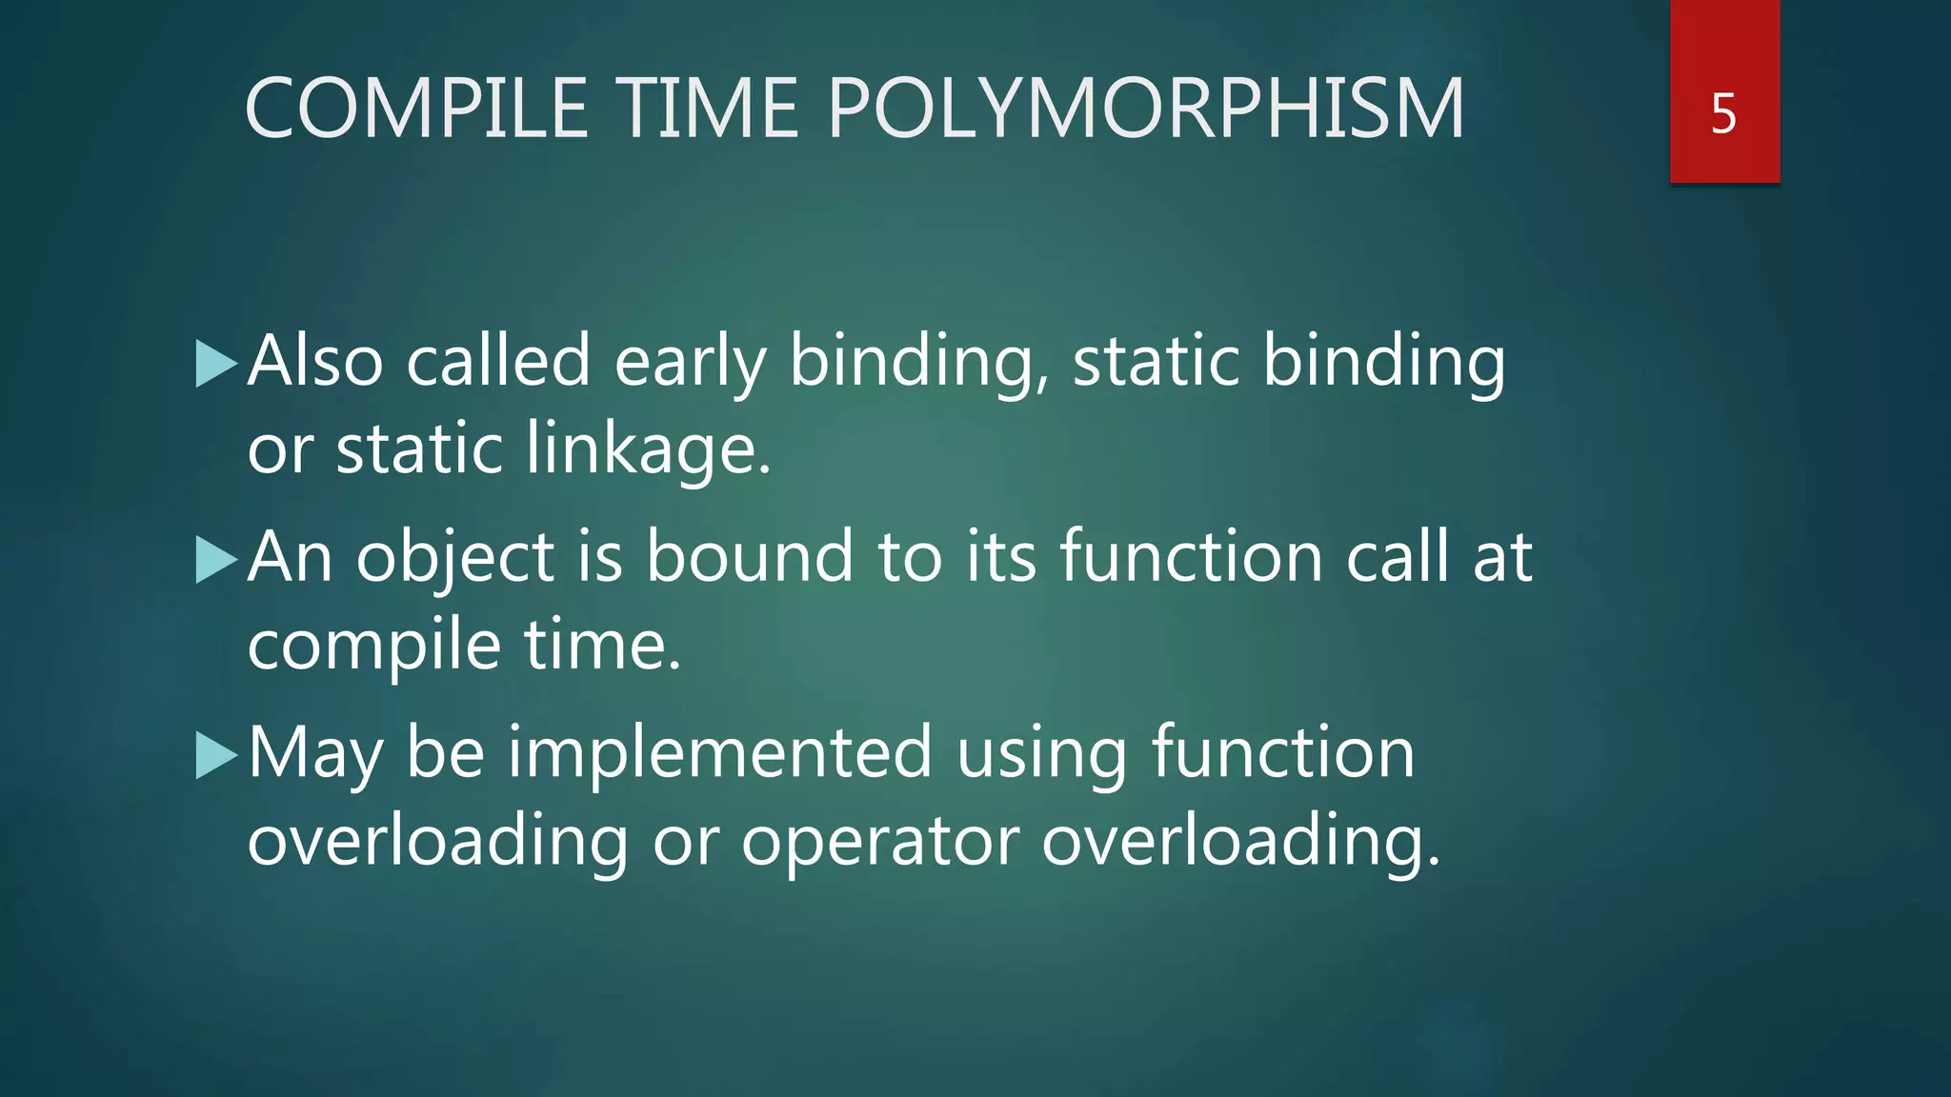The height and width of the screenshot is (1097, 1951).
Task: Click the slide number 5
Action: pos(1723,114)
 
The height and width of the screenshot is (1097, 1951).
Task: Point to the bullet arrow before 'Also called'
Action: pos(215,364)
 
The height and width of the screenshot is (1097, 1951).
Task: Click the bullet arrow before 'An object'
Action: pos(215,560)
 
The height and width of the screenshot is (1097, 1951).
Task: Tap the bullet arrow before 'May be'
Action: pos(215,756)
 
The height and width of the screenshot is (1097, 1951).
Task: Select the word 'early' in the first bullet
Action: pos(690,362)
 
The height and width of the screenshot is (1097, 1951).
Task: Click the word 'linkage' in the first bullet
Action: pos(643,449)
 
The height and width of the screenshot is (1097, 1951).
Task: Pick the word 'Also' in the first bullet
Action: pos(315,362)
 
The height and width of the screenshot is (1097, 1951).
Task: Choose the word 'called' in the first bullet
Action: pos(498,362)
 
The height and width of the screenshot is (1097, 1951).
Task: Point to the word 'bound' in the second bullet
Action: pos(750,558)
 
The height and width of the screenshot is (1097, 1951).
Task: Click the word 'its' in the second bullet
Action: pos(1000,558)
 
